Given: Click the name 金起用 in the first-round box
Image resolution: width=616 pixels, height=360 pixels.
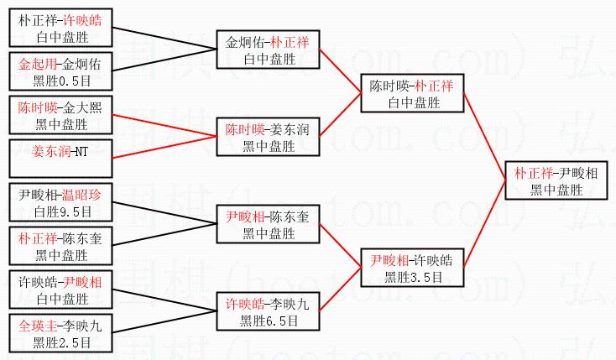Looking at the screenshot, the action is [38, 64].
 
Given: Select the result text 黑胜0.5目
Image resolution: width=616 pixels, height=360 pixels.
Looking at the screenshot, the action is [60, 80].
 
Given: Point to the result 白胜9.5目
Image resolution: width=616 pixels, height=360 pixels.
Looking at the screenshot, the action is [60, 211].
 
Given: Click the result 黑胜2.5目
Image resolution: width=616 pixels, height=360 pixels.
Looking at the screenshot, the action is [60, 342].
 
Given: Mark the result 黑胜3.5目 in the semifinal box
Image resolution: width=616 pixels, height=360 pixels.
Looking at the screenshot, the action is [412, 276].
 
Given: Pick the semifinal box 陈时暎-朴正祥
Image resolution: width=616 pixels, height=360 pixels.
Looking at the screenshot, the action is [412, 94].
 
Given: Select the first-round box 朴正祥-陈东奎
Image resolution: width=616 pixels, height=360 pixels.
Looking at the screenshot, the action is [60, 246].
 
